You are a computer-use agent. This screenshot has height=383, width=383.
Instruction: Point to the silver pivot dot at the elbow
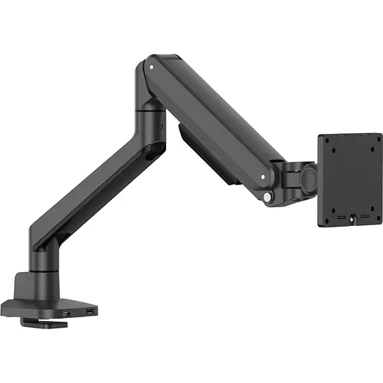152,67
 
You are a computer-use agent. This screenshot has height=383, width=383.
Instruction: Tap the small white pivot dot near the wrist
262,177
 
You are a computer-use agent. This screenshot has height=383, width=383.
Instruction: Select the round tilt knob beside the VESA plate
307,178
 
